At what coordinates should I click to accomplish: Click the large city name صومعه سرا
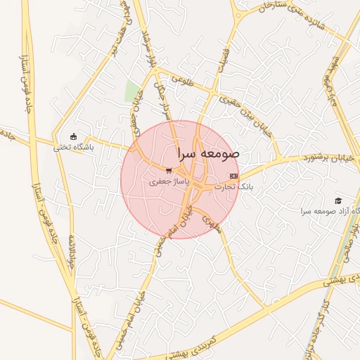coord(209,153)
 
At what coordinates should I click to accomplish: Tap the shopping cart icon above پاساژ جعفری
coord(168,170)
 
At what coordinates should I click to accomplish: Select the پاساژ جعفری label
coord(168,181)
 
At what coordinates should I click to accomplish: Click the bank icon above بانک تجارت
coord(234,176)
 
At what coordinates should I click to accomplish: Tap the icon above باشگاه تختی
coord(73,136)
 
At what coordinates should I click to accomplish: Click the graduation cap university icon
coord(338,201)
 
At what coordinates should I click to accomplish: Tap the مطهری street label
coord(212,224)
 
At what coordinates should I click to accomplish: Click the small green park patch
coord(131,91)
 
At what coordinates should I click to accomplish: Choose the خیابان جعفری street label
coord(132,113)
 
